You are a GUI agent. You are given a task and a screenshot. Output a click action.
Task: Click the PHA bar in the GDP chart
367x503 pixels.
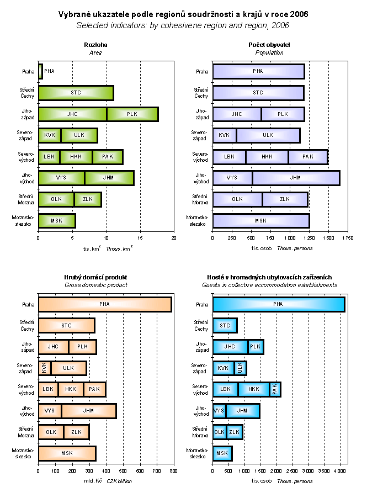pyautogui.click(x=105, y=304)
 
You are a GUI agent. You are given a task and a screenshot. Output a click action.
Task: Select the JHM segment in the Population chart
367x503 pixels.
pyautogui.click(x=296, y=178)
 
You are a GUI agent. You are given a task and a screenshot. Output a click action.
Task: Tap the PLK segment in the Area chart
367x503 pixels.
pyautogui.click(x=132, y=114)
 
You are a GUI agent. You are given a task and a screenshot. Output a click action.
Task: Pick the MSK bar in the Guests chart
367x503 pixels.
pyautogui.click(x=222, y=453)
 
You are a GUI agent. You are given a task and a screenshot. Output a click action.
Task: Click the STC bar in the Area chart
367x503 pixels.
pyautogui.click(x=76, y=93)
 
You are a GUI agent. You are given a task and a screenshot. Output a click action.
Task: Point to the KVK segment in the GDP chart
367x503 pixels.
pyautogui.click(x=44, y=368)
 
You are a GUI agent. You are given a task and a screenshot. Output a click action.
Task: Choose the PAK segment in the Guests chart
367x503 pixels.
pyautogui.click(x=275, y=389)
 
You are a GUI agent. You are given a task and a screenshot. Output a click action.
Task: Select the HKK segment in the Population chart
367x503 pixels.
pyautogui.click(x=267, y=157)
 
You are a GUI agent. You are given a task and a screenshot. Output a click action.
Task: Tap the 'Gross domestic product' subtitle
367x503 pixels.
pyautogui.click(x=95, y=285)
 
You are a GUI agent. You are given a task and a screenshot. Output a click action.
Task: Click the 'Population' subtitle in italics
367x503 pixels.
pyautogui.click(x=269, y=52)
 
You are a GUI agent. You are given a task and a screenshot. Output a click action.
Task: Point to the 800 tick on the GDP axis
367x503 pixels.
pyautogui.click(x=174, y=470)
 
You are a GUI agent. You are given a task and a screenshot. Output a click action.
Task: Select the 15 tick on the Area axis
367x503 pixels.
pyautogui.click(x=140, y=238)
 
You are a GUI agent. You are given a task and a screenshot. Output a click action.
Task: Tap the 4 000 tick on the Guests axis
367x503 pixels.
pyautogui.click(x=339, y=470)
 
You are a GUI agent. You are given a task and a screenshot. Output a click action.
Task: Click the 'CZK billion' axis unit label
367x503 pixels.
pyautogui.click(x=119, y=481)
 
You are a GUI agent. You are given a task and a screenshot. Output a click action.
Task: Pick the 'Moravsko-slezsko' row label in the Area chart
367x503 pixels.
pyautogui.click(x=23, y=221)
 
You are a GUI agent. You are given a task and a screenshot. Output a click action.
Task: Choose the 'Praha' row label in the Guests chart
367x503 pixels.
pyautogui.click(x=203, y=304)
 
